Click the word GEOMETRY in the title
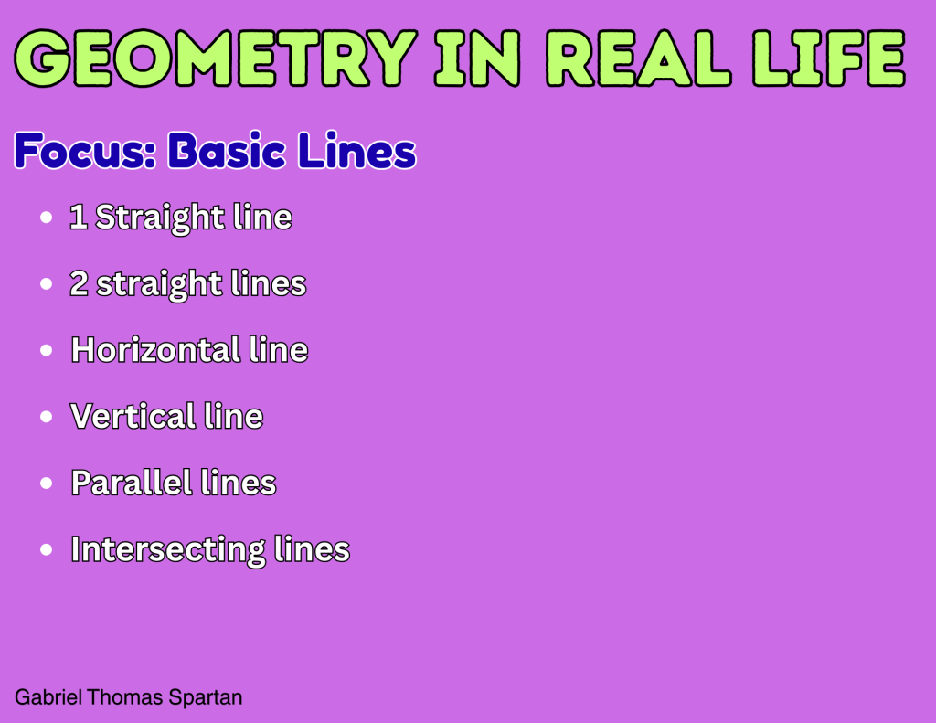pos(216,58)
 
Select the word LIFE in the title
pos(829,58)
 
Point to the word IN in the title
pos(477,58)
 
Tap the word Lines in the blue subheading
pos(356,150)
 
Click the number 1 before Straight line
pos(79,216)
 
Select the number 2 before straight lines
pos(79,283)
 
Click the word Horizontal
pos(155,349)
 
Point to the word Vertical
pos(133,416)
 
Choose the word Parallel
pos(132,482)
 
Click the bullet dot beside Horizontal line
pos(46,350)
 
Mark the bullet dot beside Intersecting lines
pos(46,550)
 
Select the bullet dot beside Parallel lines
pos(46,483)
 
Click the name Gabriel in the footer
pos(48,697)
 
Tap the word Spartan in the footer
pos(206,697)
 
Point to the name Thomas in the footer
pos(124,696)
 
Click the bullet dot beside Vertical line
pos(46,417)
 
